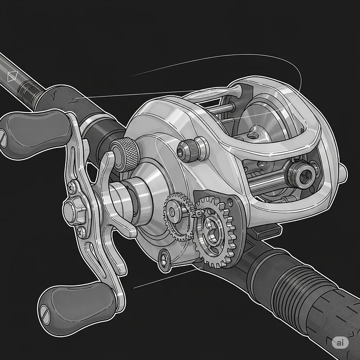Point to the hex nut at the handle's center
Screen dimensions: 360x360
click(74, 211)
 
